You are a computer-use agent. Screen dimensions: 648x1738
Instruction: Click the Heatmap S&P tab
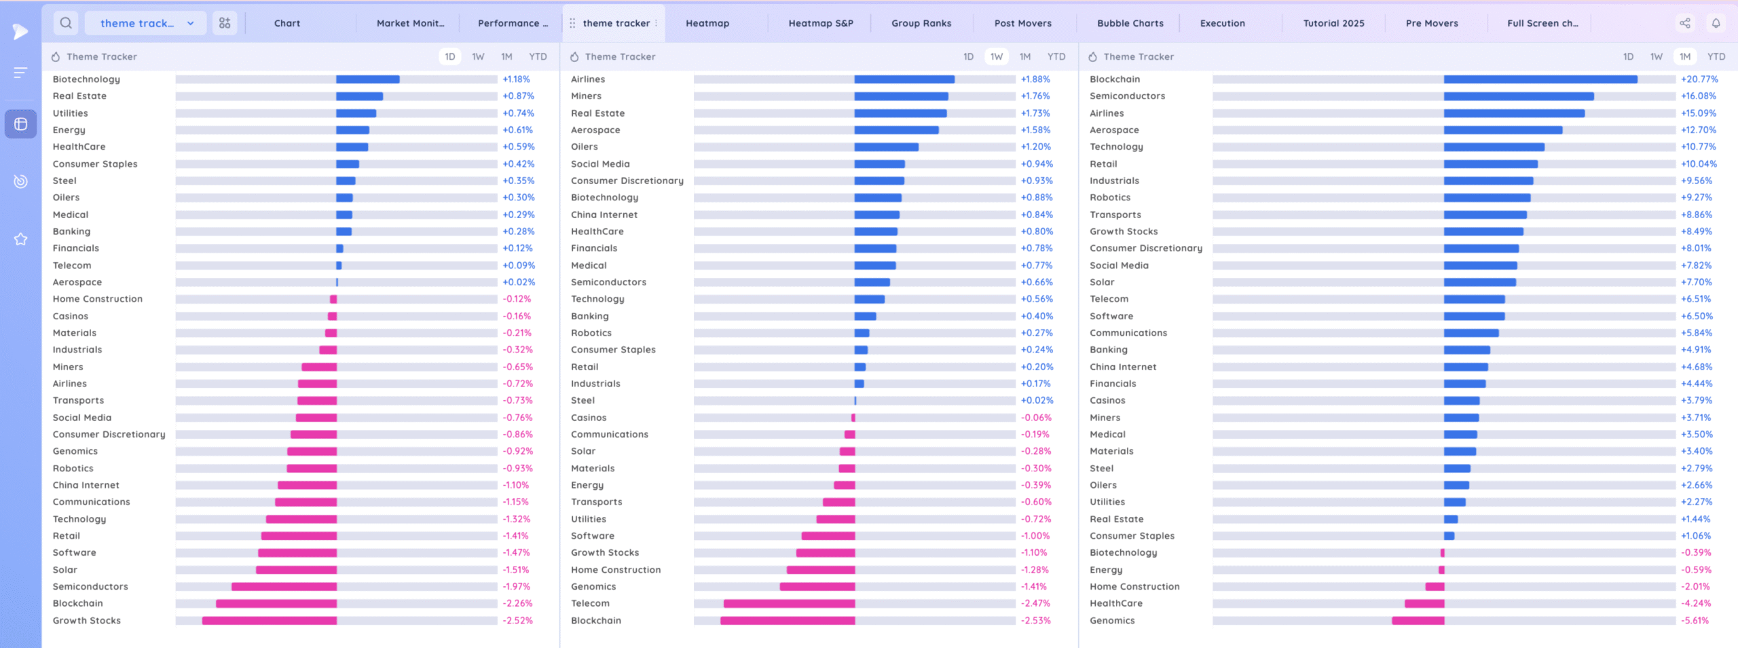tap(820, 23)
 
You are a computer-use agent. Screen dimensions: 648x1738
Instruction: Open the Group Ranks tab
tap(921, 23)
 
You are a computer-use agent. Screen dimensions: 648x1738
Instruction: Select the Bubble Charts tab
tap(1130, 23)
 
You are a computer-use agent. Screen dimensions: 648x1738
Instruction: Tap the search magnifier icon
tap(66, 23)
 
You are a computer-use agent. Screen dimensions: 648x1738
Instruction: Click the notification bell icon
tap(1716, 23)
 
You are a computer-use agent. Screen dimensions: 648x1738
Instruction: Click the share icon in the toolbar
tap(1685, 23)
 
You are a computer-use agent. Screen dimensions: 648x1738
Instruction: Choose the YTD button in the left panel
tap(538, 56)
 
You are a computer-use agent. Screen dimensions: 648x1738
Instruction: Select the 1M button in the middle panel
tap(1024, 56)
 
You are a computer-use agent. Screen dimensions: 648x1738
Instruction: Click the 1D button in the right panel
tap(1628, 56)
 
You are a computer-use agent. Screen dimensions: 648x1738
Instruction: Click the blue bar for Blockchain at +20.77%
tap(1540, 79)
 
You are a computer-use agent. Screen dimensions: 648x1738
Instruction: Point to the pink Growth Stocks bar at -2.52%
tap(269, 621)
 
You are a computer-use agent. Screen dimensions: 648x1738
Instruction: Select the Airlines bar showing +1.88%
tap(904, 79)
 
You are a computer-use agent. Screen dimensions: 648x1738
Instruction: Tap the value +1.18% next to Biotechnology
tap(516, 79)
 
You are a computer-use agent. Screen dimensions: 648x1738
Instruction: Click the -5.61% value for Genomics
tap(1695, 621)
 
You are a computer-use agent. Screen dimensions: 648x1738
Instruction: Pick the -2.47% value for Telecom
tap(1035, 603)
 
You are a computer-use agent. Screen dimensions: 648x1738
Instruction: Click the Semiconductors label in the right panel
tap(1127, 96)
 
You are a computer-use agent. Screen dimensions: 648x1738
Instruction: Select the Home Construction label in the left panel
tap(98, 299)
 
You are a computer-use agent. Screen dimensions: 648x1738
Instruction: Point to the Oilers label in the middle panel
tap(584, 147)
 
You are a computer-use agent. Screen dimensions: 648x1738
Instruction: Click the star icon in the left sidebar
tap(20, 239)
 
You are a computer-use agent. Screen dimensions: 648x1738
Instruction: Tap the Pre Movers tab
tap(1431, 23)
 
